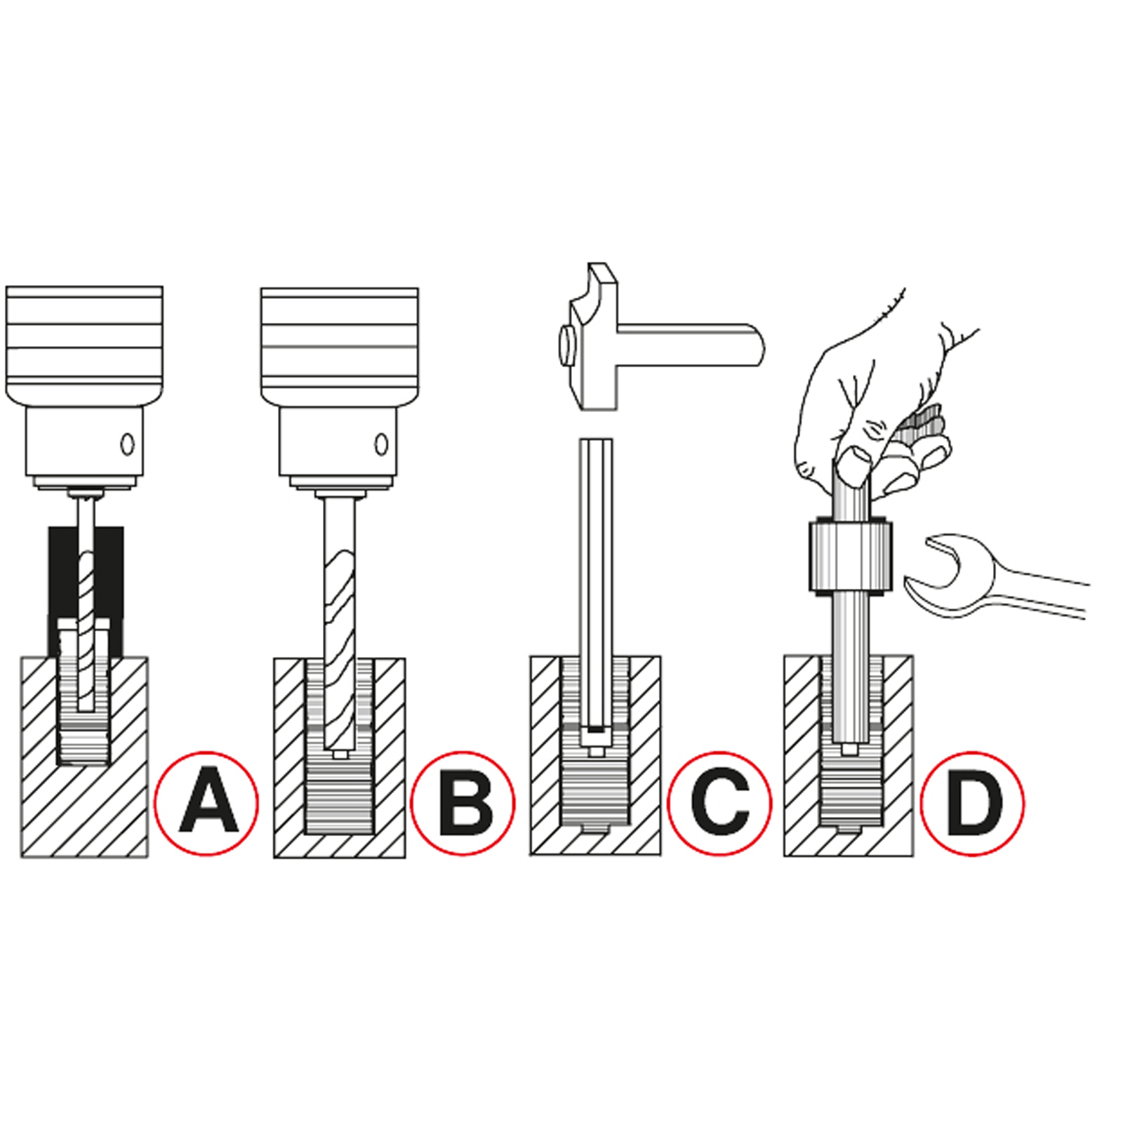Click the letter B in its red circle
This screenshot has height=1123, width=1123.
(464, 802)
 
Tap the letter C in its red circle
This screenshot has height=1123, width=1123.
(720, 802)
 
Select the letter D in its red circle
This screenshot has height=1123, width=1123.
(974, 802)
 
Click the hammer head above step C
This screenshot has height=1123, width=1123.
(590, 337)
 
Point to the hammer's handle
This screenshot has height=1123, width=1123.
(691, 345)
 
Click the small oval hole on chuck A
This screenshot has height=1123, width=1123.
(127, 444)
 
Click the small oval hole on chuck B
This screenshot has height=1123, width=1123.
(381, 444)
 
